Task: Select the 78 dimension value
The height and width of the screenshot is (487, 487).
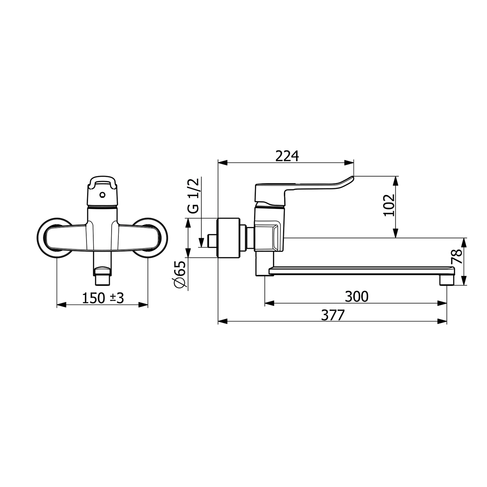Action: click(x=457, y=257)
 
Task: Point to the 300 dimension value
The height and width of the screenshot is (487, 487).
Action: click(x=356, y=296)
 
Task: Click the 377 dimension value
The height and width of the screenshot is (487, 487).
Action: click(x=332, y=315)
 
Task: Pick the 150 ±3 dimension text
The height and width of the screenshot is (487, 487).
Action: click(x=103, y=298)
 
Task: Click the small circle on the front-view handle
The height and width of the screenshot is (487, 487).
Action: click(x=103, y=195)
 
